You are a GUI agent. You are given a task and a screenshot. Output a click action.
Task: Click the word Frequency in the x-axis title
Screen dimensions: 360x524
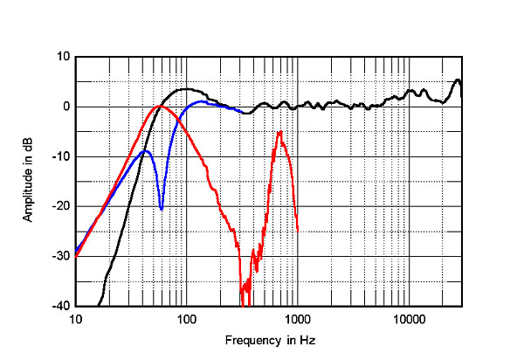pyautogui.click(x=251, y=340)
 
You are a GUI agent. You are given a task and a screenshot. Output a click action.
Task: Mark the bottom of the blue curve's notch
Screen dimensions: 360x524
pyautogui.click(x=161, y=209)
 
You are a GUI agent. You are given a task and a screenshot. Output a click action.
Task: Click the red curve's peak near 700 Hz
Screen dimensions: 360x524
pyautogui.click(x=279, y=132)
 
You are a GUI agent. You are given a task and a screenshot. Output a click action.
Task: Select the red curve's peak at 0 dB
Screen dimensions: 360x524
pyautogui.click(x=158, y=107)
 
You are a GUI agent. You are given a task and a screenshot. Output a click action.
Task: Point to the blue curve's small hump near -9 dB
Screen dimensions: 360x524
pyautogui.click(x=145, y=150)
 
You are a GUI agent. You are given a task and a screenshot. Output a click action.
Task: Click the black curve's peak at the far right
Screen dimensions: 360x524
pyautogui.click(x=458, y=80)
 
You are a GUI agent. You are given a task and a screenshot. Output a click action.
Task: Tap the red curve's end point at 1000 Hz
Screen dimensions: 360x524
pyautogui.click(x=298, y=231)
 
